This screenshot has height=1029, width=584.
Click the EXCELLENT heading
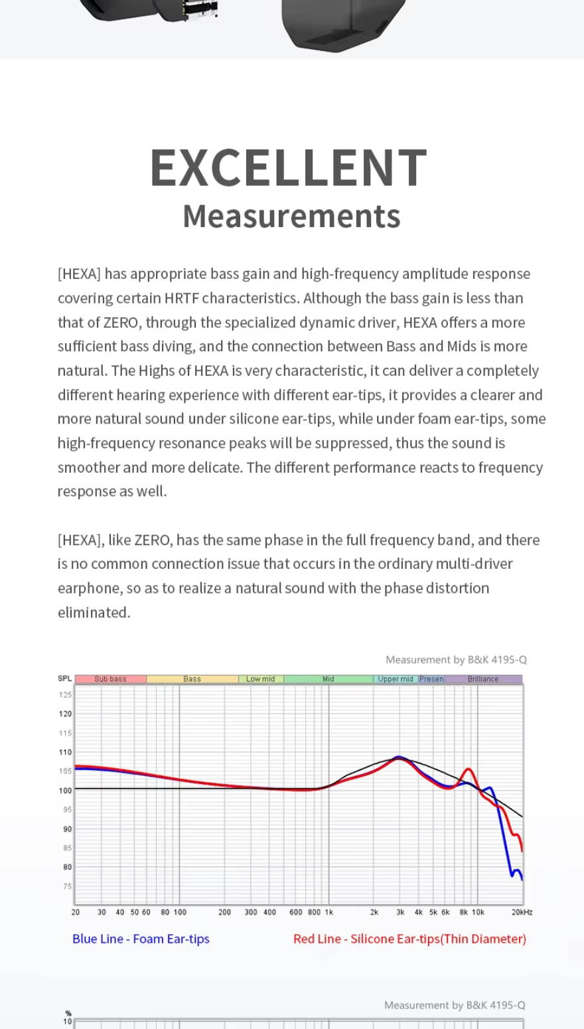tap(289, 167)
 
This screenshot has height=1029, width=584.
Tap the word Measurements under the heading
tap(291, 216)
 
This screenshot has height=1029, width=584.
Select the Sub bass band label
tap(110, 679)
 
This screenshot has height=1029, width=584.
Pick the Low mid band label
tap(260, 679)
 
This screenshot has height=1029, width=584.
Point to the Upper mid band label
tap(396, 679)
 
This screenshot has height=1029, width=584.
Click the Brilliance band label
tap(482, 679)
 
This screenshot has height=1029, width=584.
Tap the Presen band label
tap(431, 679)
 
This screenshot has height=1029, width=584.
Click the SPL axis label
tap(64, 678)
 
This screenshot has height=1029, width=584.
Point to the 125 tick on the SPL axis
tap(65, 695)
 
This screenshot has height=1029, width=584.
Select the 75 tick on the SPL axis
tap(67, 886)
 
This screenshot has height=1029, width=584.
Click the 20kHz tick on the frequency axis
tap(522, 912)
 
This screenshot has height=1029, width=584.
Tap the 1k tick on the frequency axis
tap(329, 912)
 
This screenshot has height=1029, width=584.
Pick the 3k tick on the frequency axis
tap(400, 912)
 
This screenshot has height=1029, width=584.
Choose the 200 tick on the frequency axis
tap(225, 912)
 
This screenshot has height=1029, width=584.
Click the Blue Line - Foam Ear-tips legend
tap(141, 939)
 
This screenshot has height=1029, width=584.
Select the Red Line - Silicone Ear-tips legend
tap(409, 939)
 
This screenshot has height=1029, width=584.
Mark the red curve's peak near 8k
tap(469, 769)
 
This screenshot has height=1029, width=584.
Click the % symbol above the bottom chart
tap(68, 1014)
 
